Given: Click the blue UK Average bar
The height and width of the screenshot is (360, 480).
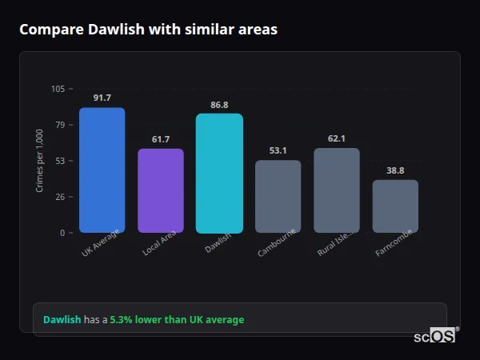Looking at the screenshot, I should pos(102,170).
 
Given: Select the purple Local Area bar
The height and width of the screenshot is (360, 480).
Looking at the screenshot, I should pos(161,190).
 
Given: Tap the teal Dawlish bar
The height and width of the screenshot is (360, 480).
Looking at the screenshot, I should pos(219,174).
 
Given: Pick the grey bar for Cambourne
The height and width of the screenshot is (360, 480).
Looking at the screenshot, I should pos(278,197).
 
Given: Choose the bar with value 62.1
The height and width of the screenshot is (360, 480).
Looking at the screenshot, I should pos(337,190).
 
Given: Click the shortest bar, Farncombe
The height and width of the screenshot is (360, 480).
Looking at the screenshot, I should pos(395,206).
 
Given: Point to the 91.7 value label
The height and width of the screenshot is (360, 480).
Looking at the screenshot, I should pos(102,98).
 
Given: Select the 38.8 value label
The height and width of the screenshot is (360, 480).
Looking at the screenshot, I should pos(395,170).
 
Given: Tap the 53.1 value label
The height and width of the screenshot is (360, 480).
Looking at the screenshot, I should pos(278,150).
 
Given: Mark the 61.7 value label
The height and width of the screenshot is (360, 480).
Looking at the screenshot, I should pos(161,139).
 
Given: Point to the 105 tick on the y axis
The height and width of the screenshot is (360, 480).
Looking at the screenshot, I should pos(58,89).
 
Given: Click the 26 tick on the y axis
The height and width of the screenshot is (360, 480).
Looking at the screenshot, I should pos(60,197).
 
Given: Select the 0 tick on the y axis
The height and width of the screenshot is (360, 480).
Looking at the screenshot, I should pos(62,233).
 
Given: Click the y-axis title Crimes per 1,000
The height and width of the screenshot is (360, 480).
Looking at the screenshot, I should pos(40,161).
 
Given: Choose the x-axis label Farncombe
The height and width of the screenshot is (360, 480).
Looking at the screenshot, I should pos(394,243).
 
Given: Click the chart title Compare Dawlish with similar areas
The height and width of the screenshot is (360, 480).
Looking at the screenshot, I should pos(148,30).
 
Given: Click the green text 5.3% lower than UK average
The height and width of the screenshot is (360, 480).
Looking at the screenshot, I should pos(177,320).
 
